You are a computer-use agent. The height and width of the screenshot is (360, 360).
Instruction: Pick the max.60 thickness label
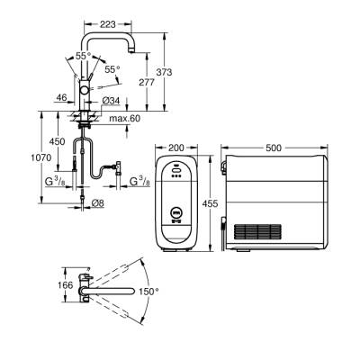click(126, 119)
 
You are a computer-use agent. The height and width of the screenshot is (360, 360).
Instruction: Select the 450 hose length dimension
click(58, 142)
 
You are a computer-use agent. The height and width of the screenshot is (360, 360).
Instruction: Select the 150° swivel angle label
click(148, 292)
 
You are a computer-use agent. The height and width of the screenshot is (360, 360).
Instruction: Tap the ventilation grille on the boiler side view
click(259, 229)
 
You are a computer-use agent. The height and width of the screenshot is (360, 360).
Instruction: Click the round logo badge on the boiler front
click(175, 215)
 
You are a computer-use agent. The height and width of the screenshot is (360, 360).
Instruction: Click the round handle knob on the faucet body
click(85, 92)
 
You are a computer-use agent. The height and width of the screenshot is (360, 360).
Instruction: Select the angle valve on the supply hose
click(113, 166)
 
